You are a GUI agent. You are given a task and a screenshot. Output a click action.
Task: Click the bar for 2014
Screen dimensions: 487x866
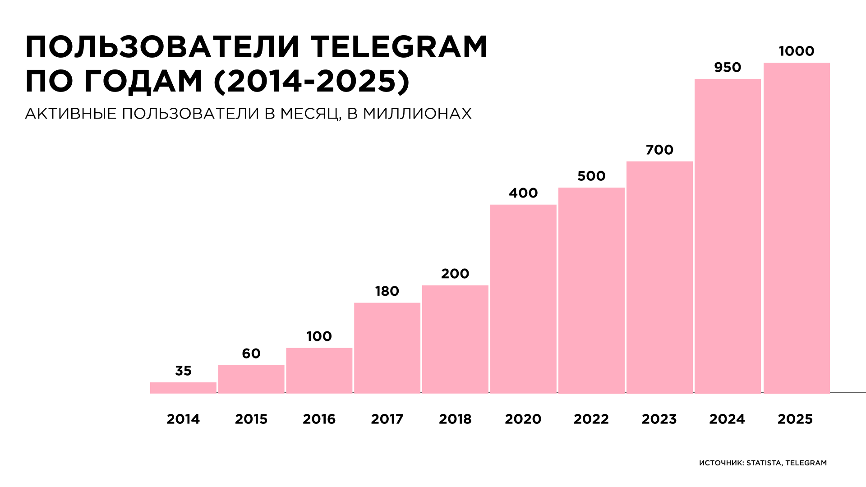pyautogui.click(x=183, y=388)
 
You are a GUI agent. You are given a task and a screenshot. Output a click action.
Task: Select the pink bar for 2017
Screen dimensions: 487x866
pyautogui.click(x=387, y=348)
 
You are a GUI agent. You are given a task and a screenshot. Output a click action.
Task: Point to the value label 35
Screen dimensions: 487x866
pyautogui.click(x=183, y=371)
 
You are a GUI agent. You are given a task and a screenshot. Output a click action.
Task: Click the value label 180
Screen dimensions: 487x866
pyautogui.click(x=387, y=291)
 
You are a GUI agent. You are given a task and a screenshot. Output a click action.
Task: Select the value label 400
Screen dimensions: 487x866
pyautogui.click(x=523, y=193)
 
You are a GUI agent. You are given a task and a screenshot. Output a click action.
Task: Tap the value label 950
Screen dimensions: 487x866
pyautogui.click(x=728, y=68)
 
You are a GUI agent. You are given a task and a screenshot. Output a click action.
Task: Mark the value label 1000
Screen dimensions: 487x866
pyautogui.click(x=797, y=51)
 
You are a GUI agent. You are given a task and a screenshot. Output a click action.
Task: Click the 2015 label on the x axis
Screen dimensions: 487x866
pyautogui.click(x=251, y=419)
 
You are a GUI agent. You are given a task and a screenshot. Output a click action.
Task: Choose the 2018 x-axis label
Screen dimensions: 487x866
pyautogui.click(x=455, y=419)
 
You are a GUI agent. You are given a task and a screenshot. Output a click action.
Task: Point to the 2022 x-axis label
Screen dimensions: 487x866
pyautogui.click(x=591, y=419)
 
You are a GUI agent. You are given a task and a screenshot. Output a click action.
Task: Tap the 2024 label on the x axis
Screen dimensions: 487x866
pyautogui.click(x=727, y=419)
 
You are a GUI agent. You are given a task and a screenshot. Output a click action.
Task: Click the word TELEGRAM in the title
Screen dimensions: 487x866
pyautogui.click(x=399, y=47)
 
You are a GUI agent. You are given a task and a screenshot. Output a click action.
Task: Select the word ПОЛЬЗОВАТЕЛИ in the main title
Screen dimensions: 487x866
pyautogui.click(x=163, y=47)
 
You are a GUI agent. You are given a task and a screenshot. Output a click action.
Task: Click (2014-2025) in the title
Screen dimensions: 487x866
pyautogui.click(x=312, y=82)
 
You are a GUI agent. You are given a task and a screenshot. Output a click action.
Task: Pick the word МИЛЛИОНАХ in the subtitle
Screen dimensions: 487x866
pyautogui.click(x=417, y=114)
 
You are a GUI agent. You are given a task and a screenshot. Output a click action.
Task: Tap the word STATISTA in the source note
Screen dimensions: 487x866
pyautogui.click(x=764, y=463)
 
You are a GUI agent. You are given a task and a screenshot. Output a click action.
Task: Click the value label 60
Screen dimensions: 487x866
pyautogui.click(x=251, y=354)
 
